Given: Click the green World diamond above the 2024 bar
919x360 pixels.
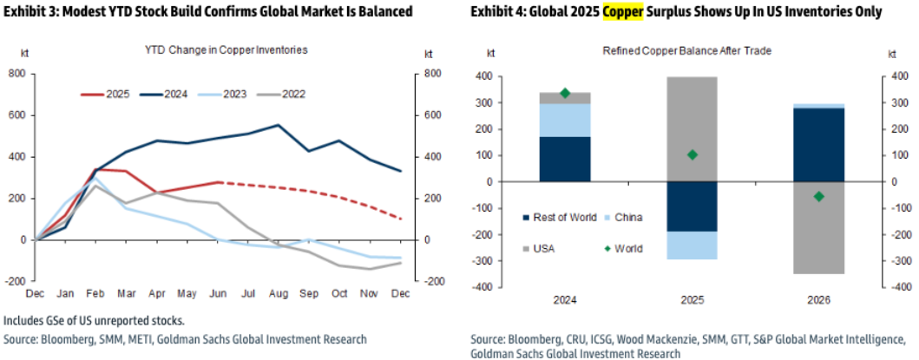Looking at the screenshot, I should (566, 93).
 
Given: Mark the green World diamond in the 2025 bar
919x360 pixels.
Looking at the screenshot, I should (693, 154).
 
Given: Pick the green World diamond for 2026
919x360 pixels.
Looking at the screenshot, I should (818, 196).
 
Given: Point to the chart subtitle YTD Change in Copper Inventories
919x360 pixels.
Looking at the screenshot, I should (226, 49).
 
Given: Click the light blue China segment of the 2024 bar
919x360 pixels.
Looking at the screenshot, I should (566, 120).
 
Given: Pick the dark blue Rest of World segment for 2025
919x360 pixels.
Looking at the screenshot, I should (693, 206).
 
